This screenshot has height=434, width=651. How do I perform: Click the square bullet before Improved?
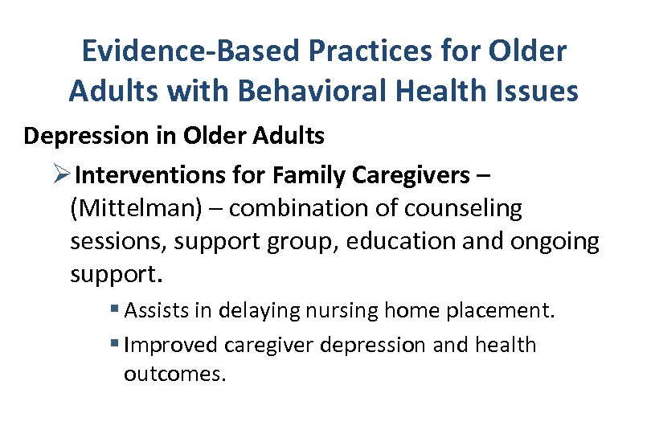(x=117, y=345)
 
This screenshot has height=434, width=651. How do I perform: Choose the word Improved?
(x=171, y=345)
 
